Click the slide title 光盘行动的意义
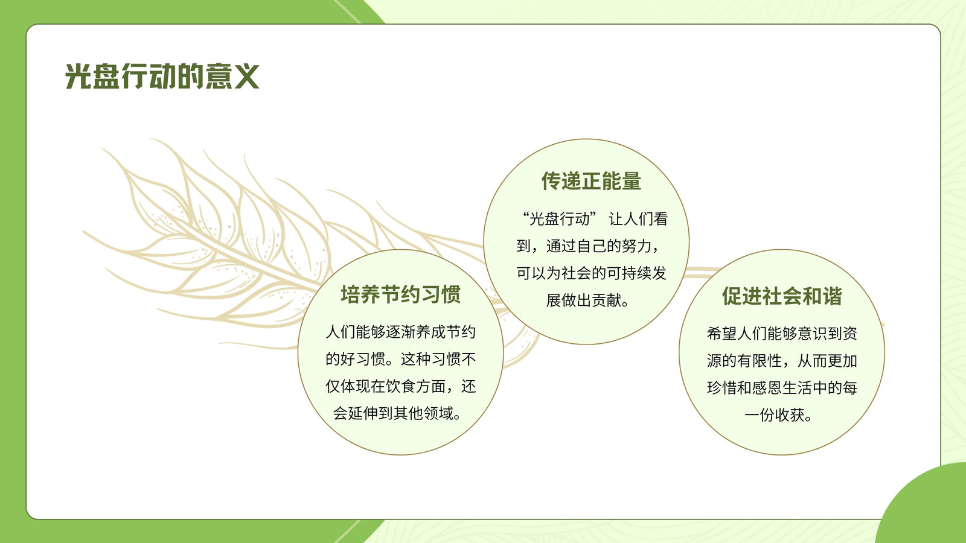(162, 76)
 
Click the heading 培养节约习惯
(401, 295)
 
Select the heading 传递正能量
(591, 181)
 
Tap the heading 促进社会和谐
(782, 296)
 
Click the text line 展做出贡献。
(587, 300)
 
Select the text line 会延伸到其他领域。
(397, 413)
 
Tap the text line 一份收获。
(778, 415)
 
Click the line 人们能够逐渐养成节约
(401, 332)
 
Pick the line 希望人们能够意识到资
(782, 334)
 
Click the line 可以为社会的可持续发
(591, 273)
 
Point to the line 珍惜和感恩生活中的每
(782, 388)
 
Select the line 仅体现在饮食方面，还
(401, 386)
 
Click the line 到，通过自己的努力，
(588, 246)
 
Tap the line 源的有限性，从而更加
(782, 361)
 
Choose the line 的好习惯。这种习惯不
(401, 359)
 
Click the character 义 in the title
(246, 76)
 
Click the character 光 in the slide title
(78, 76)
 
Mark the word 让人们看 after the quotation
(638, 219)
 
